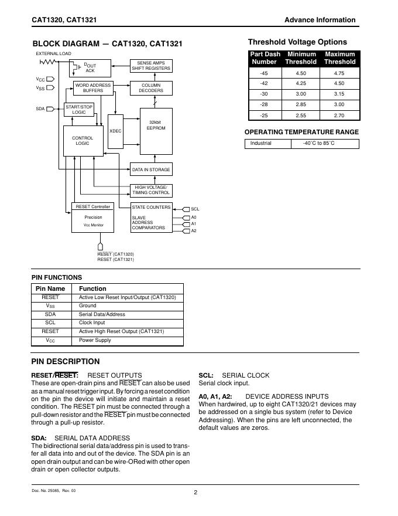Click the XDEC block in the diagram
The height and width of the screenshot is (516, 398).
tap(115, 131)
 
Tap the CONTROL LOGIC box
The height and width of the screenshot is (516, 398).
tap(83, 141)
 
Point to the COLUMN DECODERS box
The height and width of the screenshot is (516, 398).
tap(151, 88)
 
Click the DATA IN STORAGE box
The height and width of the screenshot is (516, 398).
tap(151, 169)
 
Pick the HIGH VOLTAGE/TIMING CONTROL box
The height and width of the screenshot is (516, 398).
tap(151, 190)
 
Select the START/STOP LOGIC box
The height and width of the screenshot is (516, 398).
tap(78, 110)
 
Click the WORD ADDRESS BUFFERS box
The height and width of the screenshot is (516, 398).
tap(93, 88)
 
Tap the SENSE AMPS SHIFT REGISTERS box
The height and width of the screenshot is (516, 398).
tap(151, 66)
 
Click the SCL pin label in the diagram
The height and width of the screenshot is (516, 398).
tap(195, 209)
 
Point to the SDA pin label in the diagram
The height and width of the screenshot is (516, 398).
tap(40, 108)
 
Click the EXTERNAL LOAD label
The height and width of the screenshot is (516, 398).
tap(53, 53)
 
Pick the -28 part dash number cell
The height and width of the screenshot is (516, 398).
tap(263, 105)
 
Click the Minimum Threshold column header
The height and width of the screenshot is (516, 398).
tap(301, 57)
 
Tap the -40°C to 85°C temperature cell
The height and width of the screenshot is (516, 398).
tap(318, 144)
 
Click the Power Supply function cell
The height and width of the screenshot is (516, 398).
tap(95, 340)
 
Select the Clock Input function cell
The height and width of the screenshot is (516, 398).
tap(92, 322)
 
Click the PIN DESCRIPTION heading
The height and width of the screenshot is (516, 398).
tap(65, 361)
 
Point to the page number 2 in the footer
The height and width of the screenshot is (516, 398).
tap(195, 493)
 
